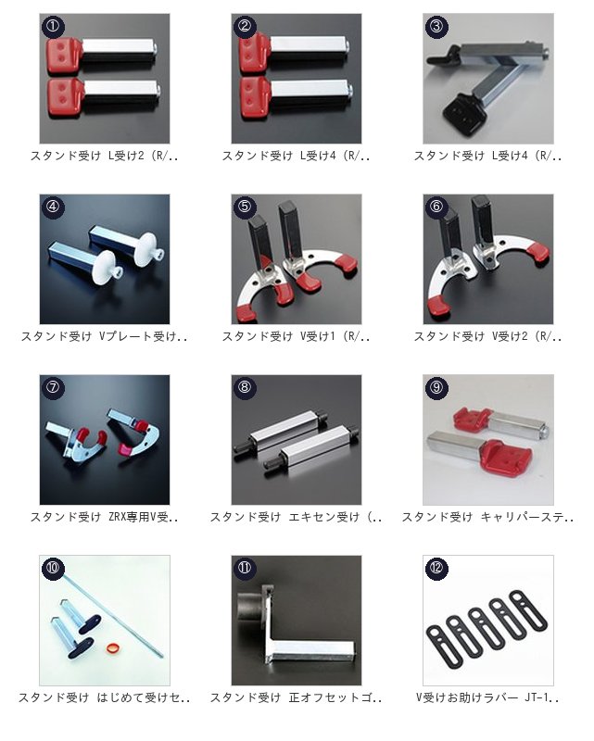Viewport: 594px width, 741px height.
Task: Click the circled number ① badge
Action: [53, 26]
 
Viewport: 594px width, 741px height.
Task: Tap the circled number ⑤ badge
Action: [245, 207]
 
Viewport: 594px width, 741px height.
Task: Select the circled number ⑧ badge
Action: [245, 387]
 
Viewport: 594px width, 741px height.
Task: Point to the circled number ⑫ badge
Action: [436, 568]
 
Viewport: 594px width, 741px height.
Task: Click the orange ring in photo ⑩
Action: [112, 647]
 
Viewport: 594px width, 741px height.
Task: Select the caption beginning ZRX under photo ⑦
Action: [105, 517]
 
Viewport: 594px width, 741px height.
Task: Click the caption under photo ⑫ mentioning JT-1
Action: [487, 697]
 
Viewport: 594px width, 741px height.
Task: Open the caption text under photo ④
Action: [105, 336]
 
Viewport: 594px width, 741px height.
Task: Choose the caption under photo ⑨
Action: [487, 517]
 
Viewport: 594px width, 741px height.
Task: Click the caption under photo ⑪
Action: [296, 697]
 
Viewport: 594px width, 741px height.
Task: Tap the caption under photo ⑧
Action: [296, 517]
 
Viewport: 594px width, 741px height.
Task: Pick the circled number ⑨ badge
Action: [436, 387]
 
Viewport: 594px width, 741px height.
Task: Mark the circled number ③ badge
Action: [436, 26]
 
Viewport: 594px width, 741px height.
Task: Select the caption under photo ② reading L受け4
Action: [296, 156]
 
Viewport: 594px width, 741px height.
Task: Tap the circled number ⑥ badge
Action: [436, 207]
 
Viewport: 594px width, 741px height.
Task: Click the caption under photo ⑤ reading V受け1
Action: [296, 336]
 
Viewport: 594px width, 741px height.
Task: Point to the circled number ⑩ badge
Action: [53, 568]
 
